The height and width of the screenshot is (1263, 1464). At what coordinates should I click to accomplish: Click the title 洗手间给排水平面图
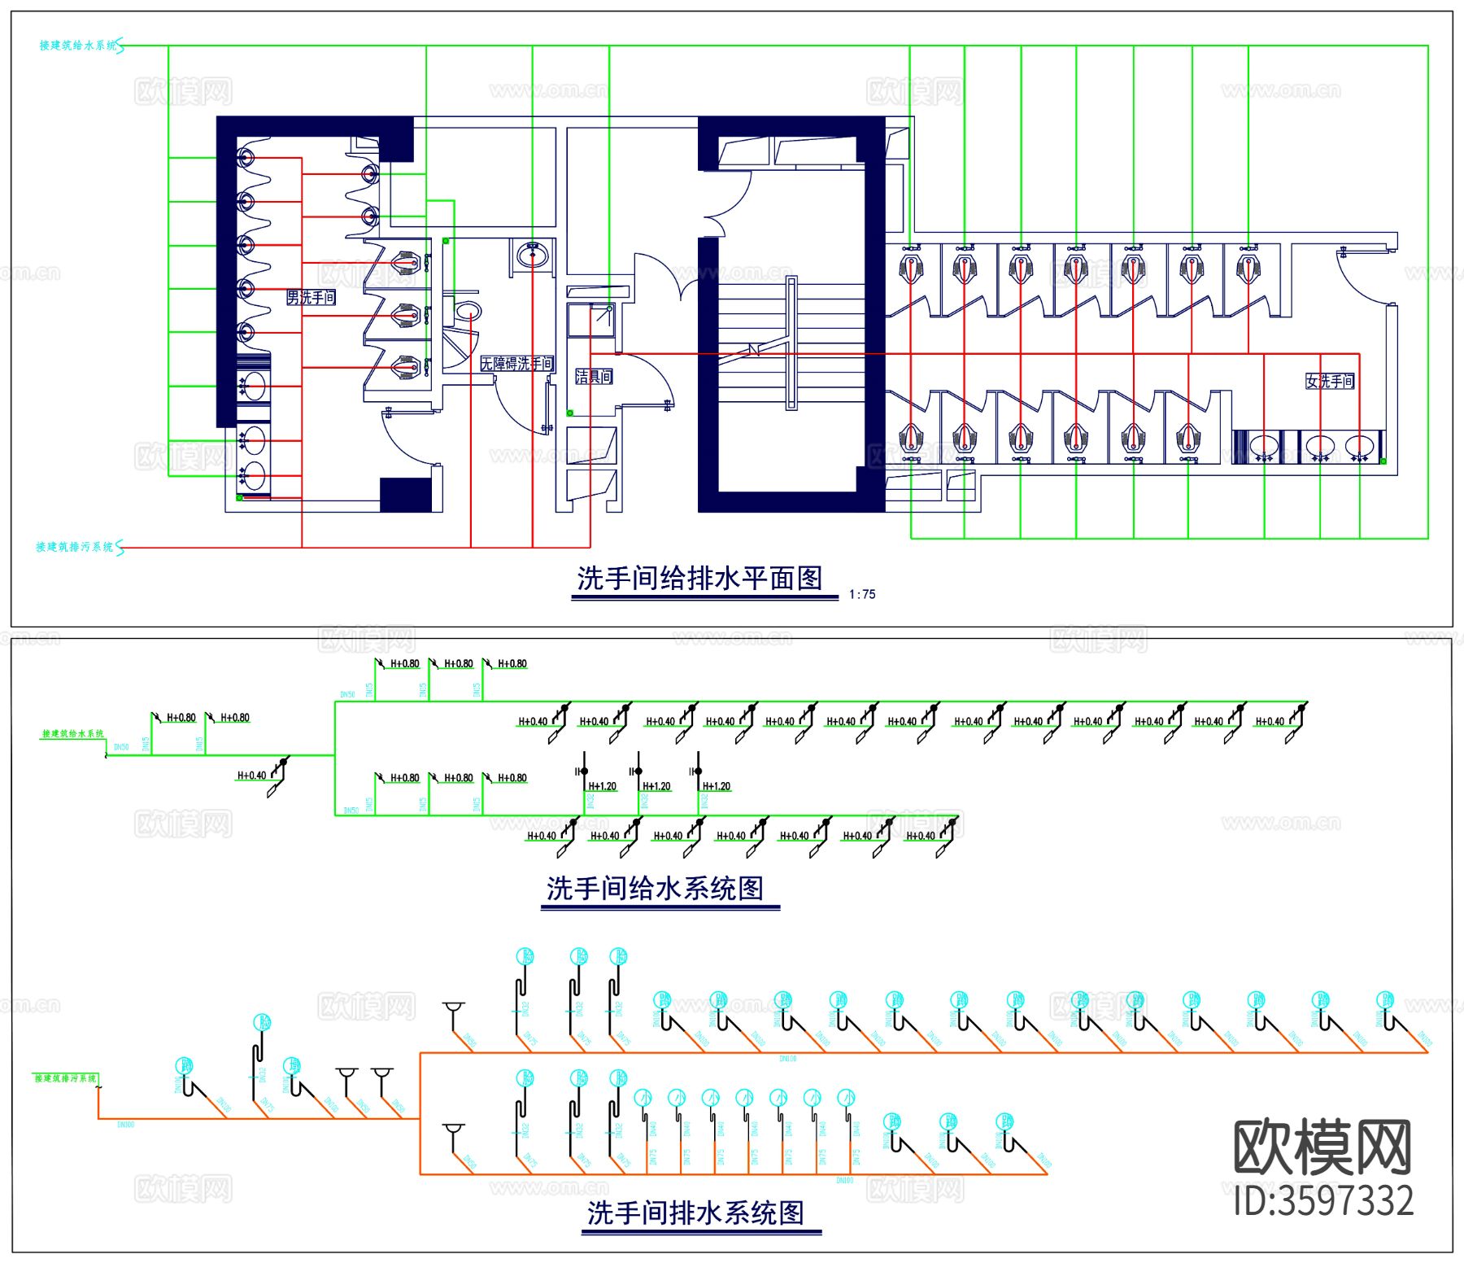tap(699, 579)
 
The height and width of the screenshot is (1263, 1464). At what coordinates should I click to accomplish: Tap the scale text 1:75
tap(862, 595)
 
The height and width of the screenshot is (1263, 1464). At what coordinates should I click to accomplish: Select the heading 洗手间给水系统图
tap(655, 888)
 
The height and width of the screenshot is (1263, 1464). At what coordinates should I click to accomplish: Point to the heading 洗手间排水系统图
tap(695, 1213)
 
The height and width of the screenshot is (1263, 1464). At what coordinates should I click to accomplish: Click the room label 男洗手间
tap(311, 298)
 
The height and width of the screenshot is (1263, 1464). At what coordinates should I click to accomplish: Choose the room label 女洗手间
tap(1330, 381)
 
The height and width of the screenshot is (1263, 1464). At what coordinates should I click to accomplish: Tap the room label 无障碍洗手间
tap(516, 364)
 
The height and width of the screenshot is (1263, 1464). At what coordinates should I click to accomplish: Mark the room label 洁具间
tap(594, 376)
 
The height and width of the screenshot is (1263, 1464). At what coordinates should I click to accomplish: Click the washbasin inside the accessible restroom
tap(533, 255)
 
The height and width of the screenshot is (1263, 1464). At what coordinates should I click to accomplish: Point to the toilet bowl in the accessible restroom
tap(468, 311)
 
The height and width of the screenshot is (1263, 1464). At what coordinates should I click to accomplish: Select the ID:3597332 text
tap(1324, 1201)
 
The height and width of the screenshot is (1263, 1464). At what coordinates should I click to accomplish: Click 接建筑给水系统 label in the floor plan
tap(79, 46)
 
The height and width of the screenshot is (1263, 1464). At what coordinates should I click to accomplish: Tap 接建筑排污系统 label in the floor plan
tap(75, 547)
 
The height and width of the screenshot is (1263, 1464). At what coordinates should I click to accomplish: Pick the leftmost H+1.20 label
tap(603, 786)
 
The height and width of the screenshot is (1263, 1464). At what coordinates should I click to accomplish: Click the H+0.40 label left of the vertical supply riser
tap(251, 776)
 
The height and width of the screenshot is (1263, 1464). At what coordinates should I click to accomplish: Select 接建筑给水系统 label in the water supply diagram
tap(73, 734)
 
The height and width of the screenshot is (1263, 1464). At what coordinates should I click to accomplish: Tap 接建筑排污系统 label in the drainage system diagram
tap(65, 1078)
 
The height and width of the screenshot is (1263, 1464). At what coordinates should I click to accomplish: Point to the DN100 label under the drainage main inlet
tap(126, 1125)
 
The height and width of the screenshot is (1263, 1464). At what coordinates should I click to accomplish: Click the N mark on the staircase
tap(753, 350)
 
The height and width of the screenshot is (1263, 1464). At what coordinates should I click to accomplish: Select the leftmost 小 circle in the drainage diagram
tap(643, 1097)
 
